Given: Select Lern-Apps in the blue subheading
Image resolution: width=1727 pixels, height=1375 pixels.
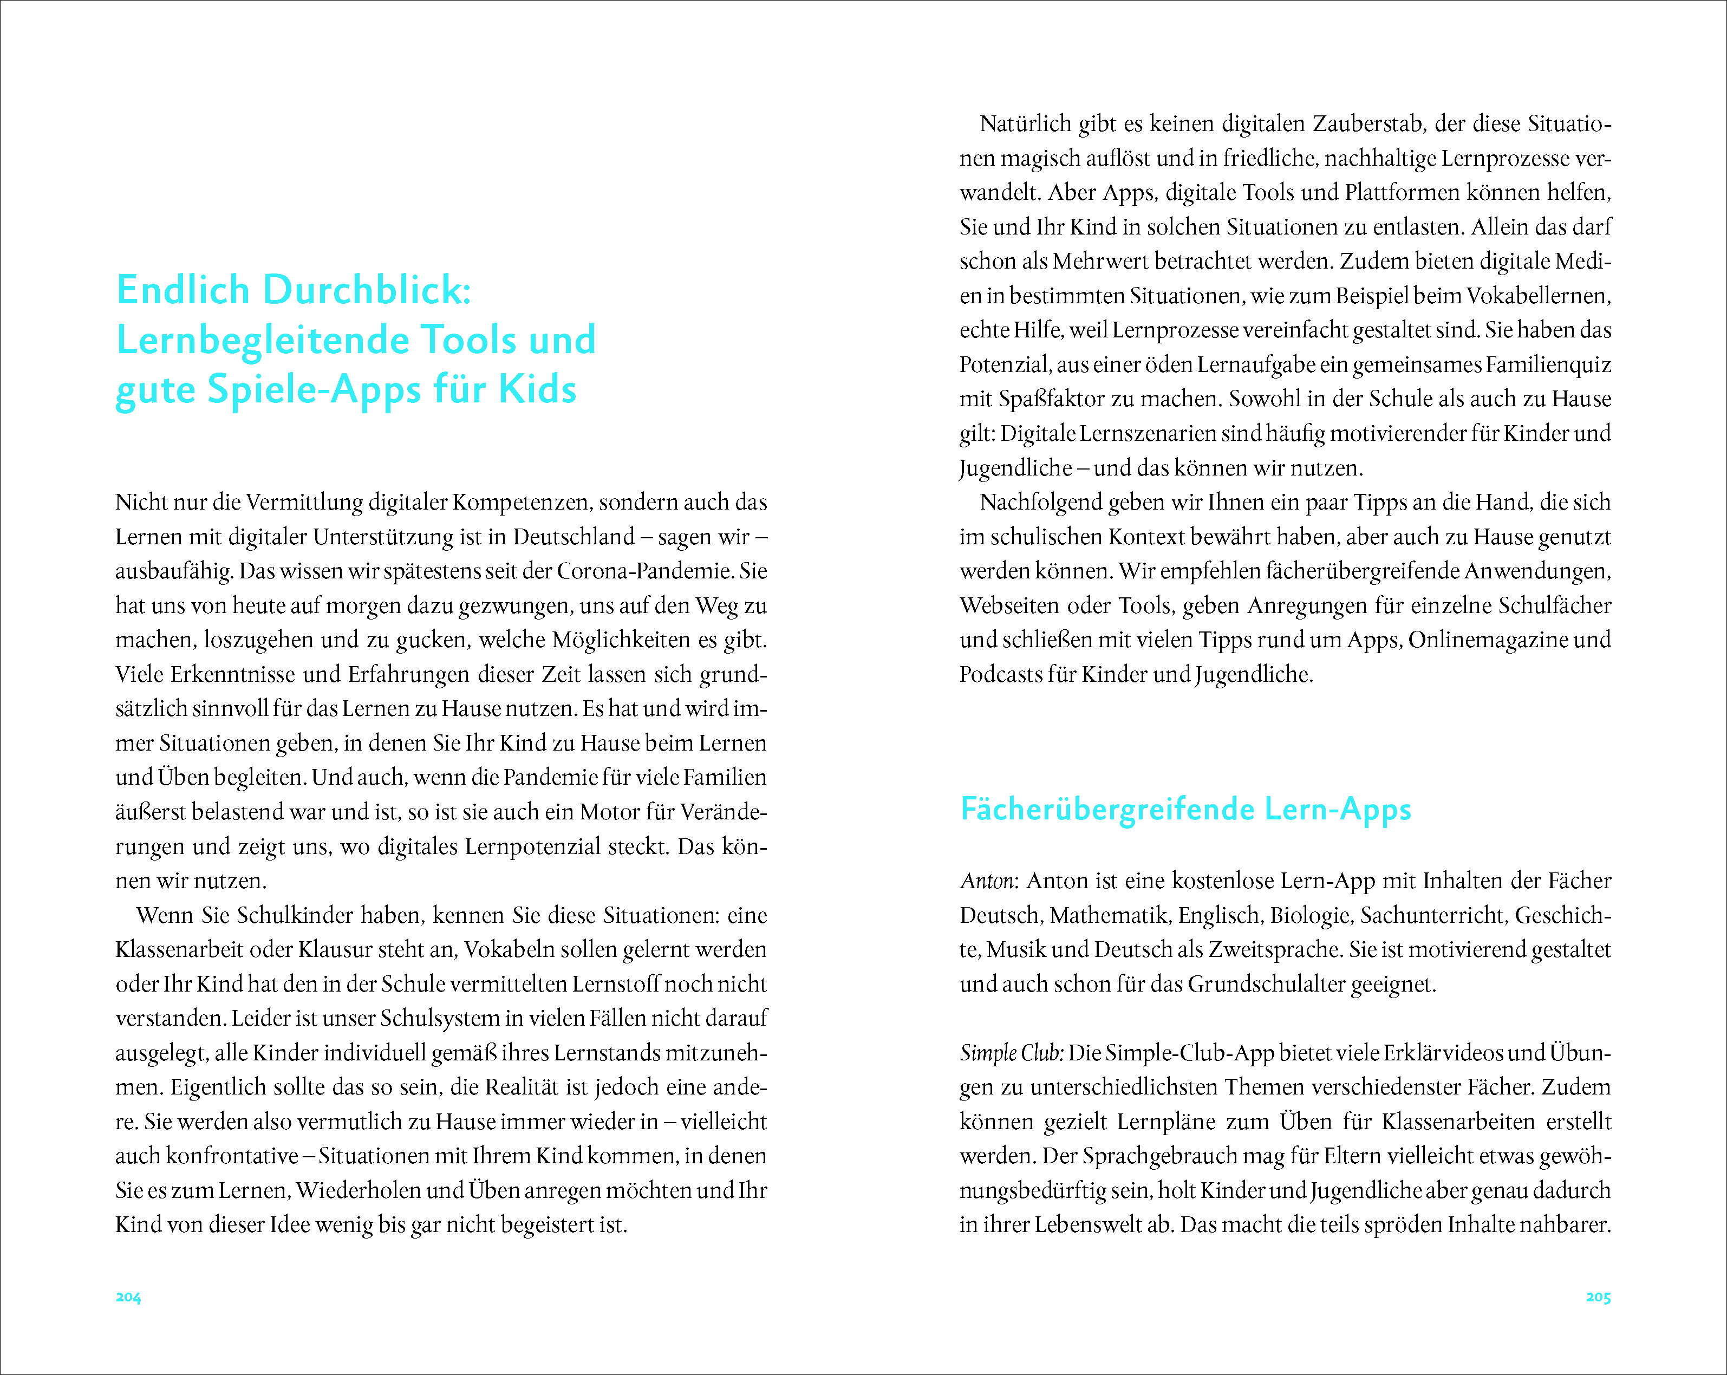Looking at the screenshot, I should point(1338,810).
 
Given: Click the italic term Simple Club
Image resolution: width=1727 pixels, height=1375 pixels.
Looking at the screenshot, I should point(1011,1053).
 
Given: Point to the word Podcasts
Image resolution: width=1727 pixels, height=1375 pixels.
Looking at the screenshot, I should point(1001,674).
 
